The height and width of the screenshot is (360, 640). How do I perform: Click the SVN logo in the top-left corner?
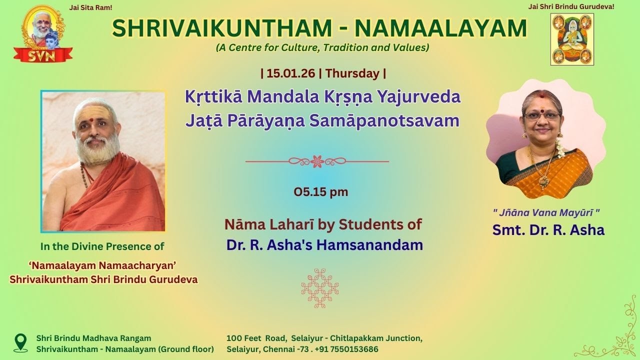pos(43,35)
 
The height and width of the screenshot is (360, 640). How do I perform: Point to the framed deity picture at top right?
pos(572,39)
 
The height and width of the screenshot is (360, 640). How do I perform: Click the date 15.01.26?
pos(290,73)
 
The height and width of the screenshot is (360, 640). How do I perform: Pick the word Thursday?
pos(352,73)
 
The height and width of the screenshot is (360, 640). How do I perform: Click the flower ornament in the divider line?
pos(317,161)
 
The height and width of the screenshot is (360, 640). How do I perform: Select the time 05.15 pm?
pos(320,191)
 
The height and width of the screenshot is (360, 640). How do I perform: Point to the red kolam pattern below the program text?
pos(320,288)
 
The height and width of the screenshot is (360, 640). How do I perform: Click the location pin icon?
pos(20,343)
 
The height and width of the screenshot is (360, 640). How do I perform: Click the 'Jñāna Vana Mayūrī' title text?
pos(546,212)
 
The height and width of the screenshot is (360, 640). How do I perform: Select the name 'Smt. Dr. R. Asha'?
pos(548,230)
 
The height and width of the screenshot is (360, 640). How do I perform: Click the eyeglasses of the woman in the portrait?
pos(542,116)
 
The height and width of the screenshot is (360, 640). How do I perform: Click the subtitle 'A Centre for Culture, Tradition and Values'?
pos(322,48)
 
